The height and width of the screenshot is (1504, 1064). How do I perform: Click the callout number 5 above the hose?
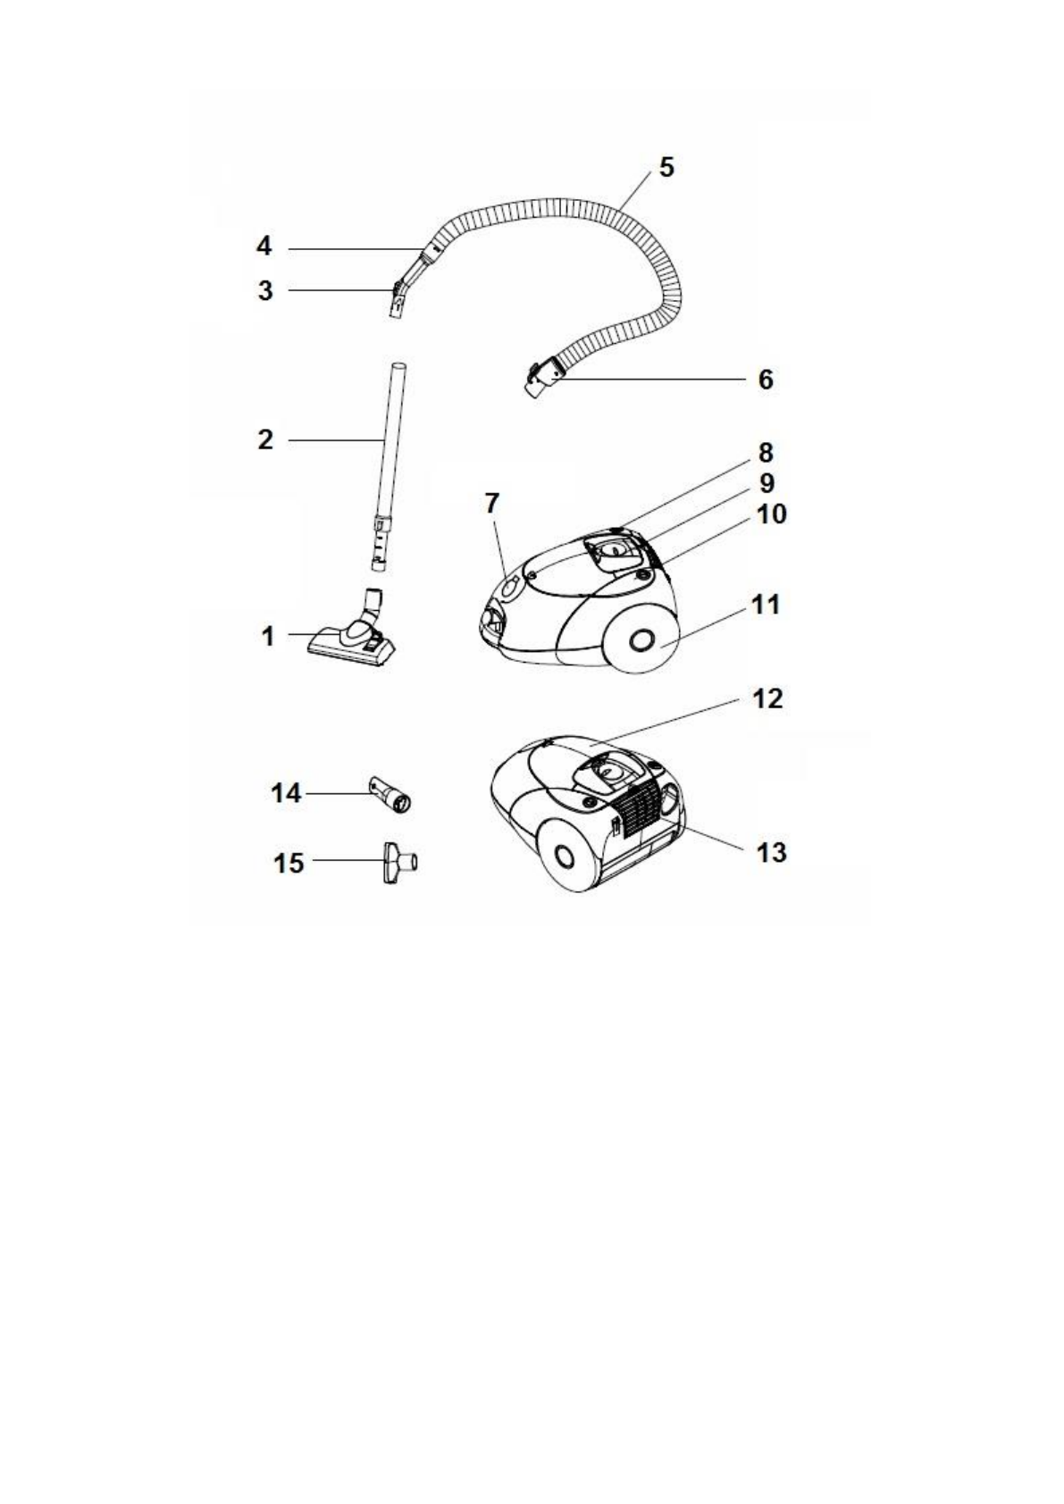pos(666,167)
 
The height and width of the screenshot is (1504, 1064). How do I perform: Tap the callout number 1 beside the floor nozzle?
pos(267,637)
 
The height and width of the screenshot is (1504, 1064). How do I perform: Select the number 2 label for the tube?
pos(265,439)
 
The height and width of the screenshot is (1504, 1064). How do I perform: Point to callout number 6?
pos(765,380)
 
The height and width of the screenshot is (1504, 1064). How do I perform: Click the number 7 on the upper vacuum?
pos(492,504)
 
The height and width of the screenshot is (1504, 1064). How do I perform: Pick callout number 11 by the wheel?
pos(765,606)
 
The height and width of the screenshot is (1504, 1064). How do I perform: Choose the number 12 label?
pos(767,698)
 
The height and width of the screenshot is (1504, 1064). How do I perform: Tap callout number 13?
pos(771,853)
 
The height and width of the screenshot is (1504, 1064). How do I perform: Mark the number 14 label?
pos(287,792)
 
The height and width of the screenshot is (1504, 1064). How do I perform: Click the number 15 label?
pos(289,864)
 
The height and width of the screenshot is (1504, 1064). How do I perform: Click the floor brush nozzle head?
pos(351,643)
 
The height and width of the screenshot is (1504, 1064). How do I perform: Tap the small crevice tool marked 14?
pos(392,794)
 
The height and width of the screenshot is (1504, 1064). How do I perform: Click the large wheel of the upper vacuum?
pos(640,640)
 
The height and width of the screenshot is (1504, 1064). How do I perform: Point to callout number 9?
pos(767,483)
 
